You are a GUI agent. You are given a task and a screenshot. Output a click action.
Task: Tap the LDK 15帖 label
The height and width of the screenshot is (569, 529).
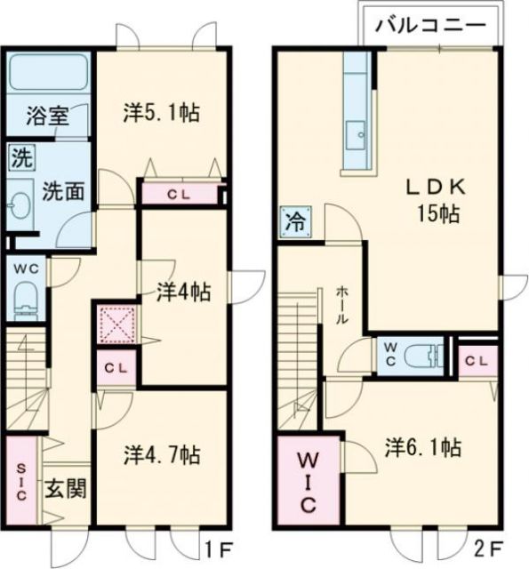433,202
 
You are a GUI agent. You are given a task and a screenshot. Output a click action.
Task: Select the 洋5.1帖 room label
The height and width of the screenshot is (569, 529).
160,112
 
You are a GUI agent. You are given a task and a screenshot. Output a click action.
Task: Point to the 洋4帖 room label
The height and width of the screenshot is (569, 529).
184,291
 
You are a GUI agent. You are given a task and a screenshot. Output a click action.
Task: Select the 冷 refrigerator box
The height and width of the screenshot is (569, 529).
293,220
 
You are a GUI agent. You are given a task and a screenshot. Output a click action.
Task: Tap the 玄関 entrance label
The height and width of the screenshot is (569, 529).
66,488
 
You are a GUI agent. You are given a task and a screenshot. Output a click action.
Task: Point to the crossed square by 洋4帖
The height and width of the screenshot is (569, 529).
114,325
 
